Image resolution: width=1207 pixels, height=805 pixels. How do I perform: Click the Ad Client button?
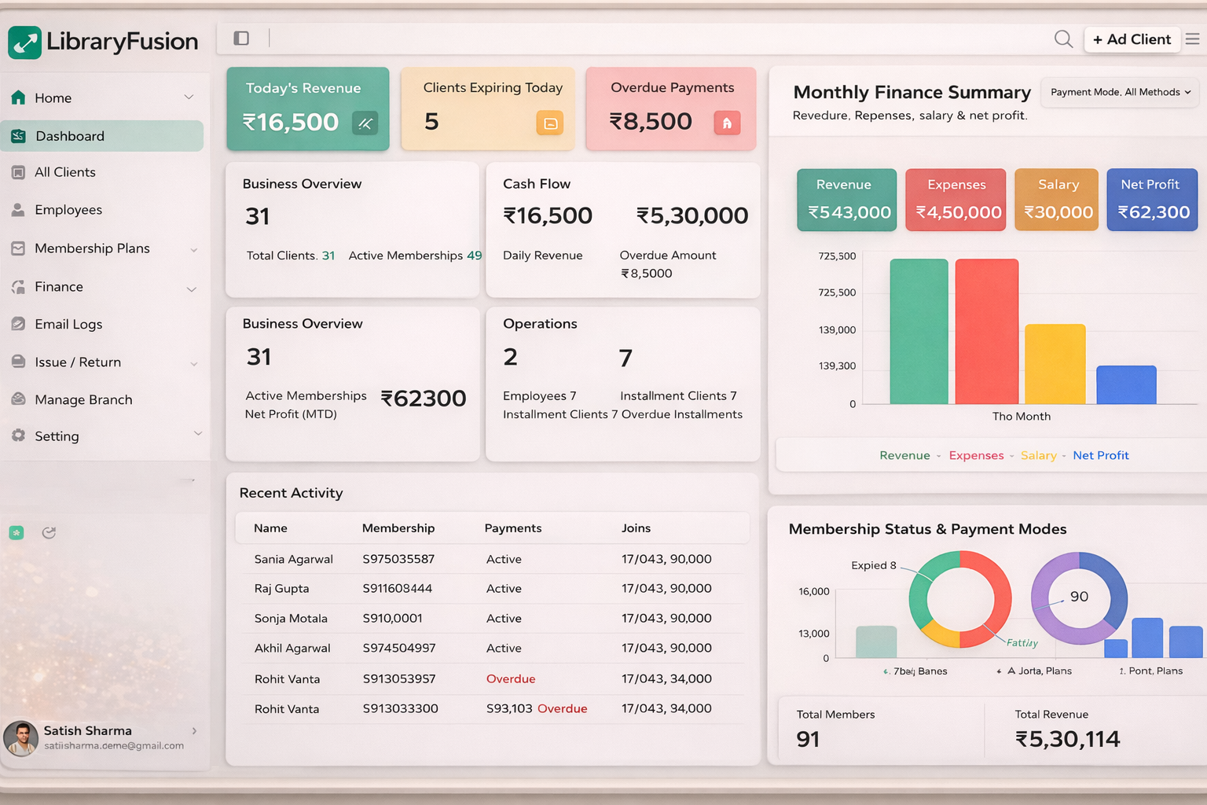[1132, 39]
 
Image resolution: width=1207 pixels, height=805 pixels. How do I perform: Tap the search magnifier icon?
[1063, 39]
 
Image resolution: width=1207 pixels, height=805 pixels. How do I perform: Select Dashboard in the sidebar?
[102, 136]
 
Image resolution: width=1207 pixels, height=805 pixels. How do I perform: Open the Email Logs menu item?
[68, 324]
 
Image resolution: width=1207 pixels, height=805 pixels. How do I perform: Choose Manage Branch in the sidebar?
[83, 399]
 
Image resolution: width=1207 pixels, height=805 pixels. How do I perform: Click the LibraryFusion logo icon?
[24, 42]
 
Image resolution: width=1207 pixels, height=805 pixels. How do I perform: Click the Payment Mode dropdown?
[1120, 92]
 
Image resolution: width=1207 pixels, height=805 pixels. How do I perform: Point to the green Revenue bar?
[919, 331]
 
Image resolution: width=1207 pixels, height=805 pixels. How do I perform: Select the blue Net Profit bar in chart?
[1126, 384]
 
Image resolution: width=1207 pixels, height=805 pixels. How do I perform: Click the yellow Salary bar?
[1055, 363]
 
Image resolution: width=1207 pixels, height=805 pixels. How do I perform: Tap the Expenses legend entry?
[976, 455]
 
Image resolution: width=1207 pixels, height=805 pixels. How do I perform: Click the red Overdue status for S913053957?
[511, 678]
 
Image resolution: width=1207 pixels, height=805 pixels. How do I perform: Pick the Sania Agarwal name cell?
[293, 559]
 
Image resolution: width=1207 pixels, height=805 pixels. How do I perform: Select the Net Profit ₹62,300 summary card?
[1152, 200]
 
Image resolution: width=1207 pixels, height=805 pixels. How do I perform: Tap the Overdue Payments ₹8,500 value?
[651, 121]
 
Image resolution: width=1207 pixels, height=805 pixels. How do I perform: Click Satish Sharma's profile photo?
[21, 738]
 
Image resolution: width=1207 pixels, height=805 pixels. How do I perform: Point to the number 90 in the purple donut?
[1079, 597]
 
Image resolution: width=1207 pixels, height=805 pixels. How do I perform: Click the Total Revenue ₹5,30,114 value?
[1067, 739]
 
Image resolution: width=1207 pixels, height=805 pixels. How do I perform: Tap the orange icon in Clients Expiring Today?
[549, 123]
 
